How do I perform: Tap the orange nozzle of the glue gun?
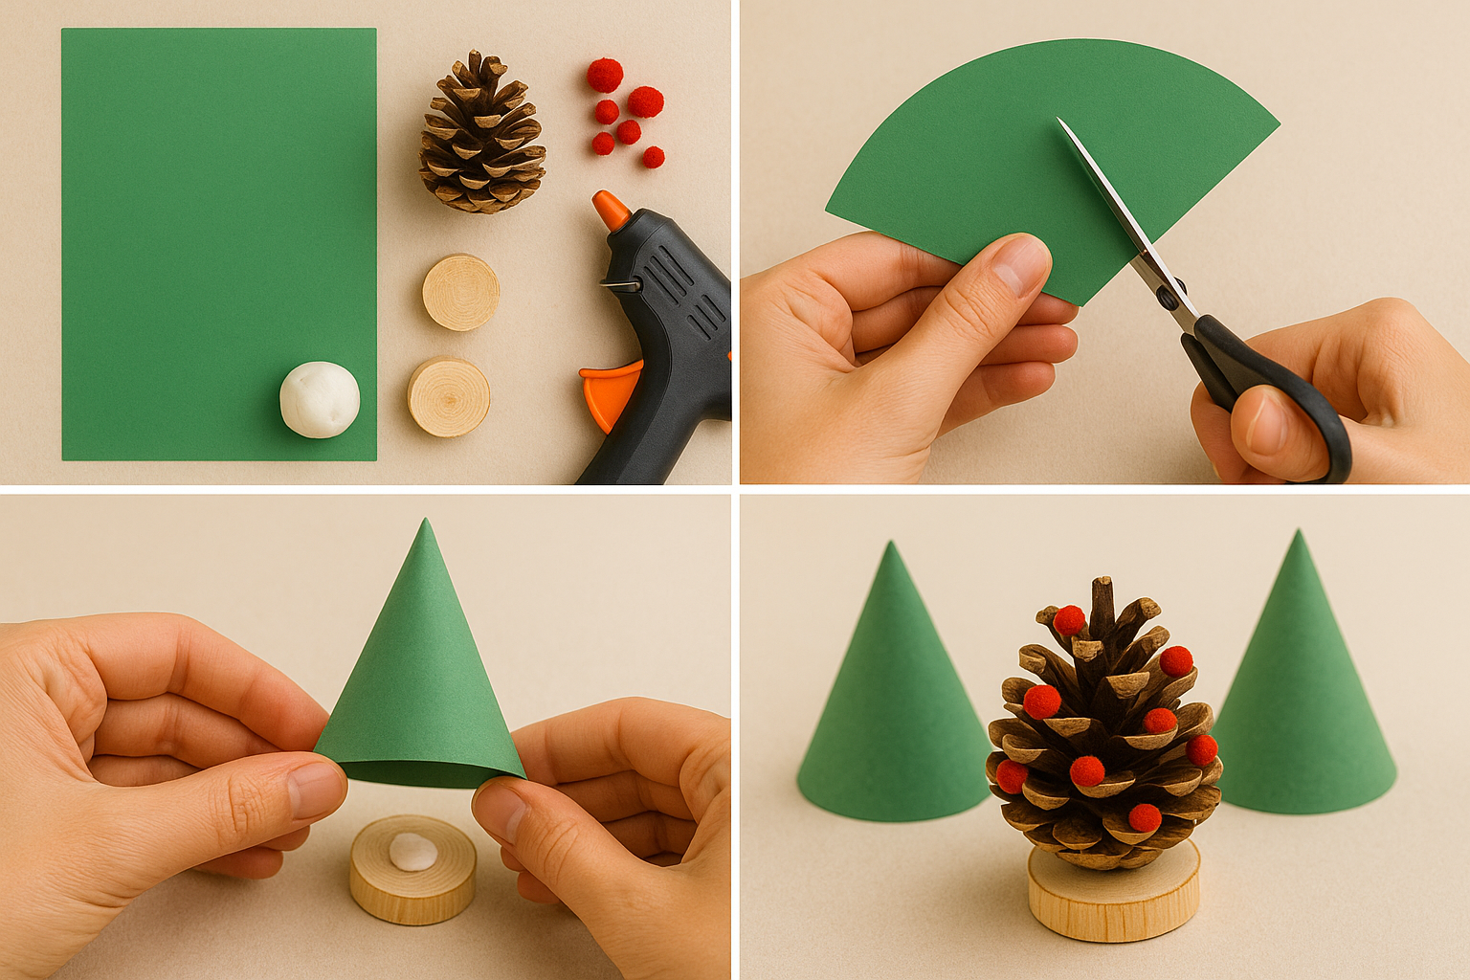[x=609, y=210]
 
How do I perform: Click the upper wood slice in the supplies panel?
[x=460, y=292]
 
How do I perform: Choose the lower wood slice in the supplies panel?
[x=449, y=397]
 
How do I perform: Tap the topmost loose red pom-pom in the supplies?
[x=604, y=74]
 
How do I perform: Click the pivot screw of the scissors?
[x=1169, y=297]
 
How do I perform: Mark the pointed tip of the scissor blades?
[x=1059, y=121]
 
